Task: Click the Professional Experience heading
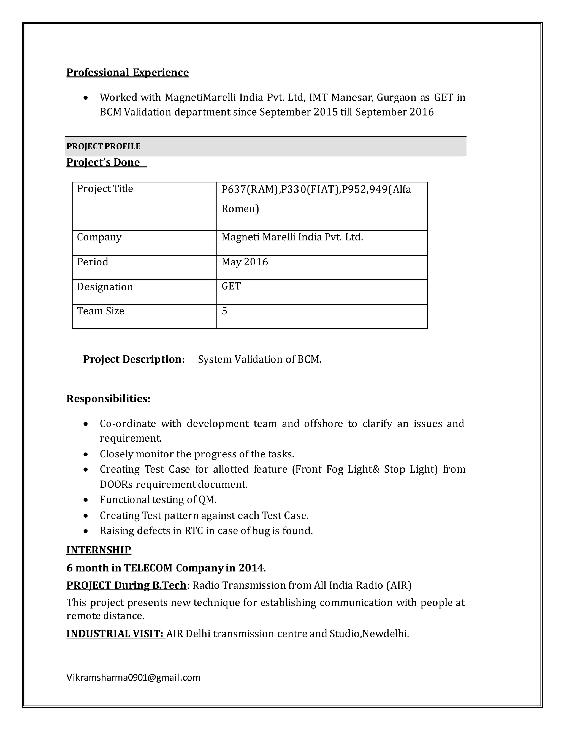tap(127, 72)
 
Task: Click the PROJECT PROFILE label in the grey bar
tap(103, 147)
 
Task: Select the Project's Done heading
tap(103, 162)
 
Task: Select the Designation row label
tap(105, 287)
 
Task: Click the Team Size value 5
tap(224, 311)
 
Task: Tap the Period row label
tap(93, 262)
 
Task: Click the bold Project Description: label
tap(134, 359)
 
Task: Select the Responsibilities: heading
tap(108, 399)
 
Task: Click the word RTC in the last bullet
tap(194, 531)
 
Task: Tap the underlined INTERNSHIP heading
tap(99, 550)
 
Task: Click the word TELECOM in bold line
tap(148, 568)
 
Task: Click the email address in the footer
tap(133, 677)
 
